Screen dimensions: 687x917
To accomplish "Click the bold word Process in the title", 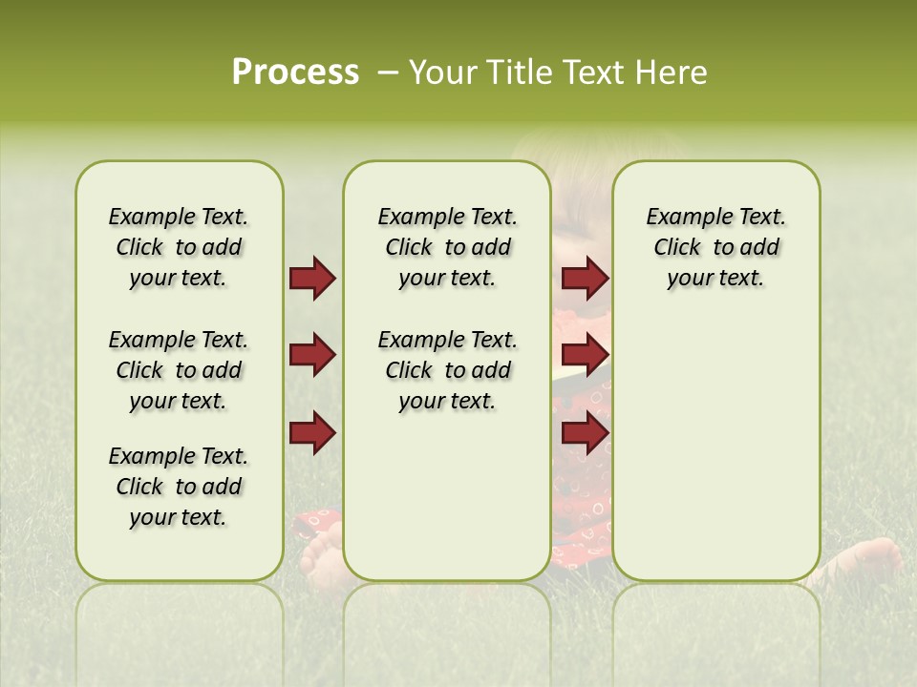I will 295,73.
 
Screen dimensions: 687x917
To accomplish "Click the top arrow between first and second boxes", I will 312,279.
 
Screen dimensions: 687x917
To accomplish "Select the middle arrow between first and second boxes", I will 312,355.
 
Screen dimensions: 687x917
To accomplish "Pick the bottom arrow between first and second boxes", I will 312,432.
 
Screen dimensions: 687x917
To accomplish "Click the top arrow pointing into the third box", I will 585,279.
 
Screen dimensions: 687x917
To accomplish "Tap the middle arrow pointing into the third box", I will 585,355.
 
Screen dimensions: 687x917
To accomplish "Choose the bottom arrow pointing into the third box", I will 585,432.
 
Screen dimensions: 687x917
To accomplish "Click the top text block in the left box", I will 179,247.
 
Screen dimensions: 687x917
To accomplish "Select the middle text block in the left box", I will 179,370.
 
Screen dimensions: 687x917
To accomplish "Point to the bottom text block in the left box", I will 179,487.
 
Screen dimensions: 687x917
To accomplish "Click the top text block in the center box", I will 447,247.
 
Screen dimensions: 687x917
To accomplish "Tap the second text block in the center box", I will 447,370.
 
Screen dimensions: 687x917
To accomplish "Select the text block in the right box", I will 715,247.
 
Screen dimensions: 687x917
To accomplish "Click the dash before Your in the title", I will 388,73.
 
